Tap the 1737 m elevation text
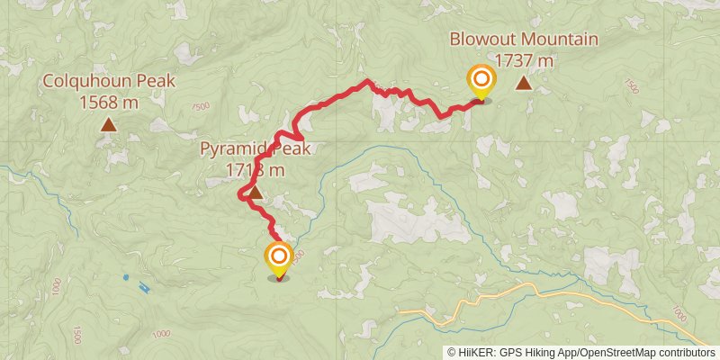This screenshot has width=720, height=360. click(x=525, y=60)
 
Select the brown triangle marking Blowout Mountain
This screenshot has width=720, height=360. click(x=523, y=85)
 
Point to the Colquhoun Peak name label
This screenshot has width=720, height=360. click(x=108, y=83)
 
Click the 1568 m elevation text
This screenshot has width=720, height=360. click(x=108, y=103)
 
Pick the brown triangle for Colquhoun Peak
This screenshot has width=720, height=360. click(x=108, y=126)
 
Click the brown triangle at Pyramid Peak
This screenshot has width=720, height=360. click(x=255, y=192)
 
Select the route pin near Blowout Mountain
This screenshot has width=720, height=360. click(x=481, y=82)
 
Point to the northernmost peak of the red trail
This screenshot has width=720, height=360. click(x=366, y=83)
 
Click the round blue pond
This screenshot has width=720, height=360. click(x=125, y=276)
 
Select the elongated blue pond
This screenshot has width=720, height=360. click(x=144, y=288)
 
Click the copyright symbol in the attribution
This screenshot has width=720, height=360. click(x=451, y=352)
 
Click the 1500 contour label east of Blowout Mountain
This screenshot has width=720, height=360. click(x=630, y=86)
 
